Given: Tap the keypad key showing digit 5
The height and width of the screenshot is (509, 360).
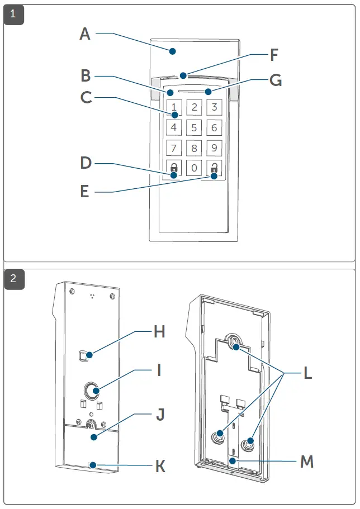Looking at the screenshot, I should (x=194, y=127).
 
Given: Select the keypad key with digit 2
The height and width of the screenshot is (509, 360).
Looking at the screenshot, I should (x=194, y=107).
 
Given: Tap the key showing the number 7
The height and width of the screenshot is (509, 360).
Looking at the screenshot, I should (x=174, y=148).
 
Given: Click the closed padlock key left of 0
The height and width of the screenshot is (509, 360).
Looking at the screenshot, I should (x=174, y=168).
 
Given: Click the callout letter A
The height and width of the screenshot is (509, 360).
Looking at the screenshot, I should (x=85, y=34).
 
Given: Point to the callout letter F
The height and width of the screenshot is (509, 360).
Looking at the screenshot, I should (x=273, y=55).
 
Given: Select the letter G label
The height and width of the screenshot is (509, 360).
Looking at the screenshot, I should (x=276, y=80).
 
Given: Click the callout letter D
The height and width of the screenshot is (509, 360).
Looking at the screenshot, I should (x=86, y=163).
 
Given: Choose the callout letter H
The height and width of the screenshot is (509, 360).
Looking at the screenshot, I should (x=160, y=332).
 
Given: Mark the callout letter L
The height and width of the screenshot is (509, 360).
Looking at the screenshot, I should (x=307, y=373).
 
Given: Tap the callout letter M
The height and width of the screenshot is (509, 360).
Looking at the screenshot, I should (x=306, y=462).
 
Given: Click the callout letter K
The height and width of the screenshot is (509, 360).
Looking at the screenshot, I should (x=160, y=467).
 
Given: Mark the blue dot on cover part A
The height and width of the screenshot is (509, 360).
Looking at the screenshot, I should (x=173, y=51).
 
